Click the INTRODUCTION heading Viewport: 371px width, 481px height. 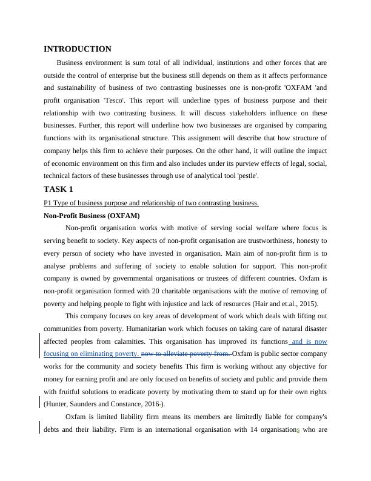[x=78, y=49]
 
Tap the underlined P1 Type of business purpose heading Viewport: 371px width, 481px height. [x=151, y=203]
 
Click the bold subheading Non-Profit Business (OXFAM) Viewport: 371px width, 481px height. [x=92, y=216]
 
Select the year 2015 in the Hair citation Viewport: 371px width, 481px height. [x=307, y=304]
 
